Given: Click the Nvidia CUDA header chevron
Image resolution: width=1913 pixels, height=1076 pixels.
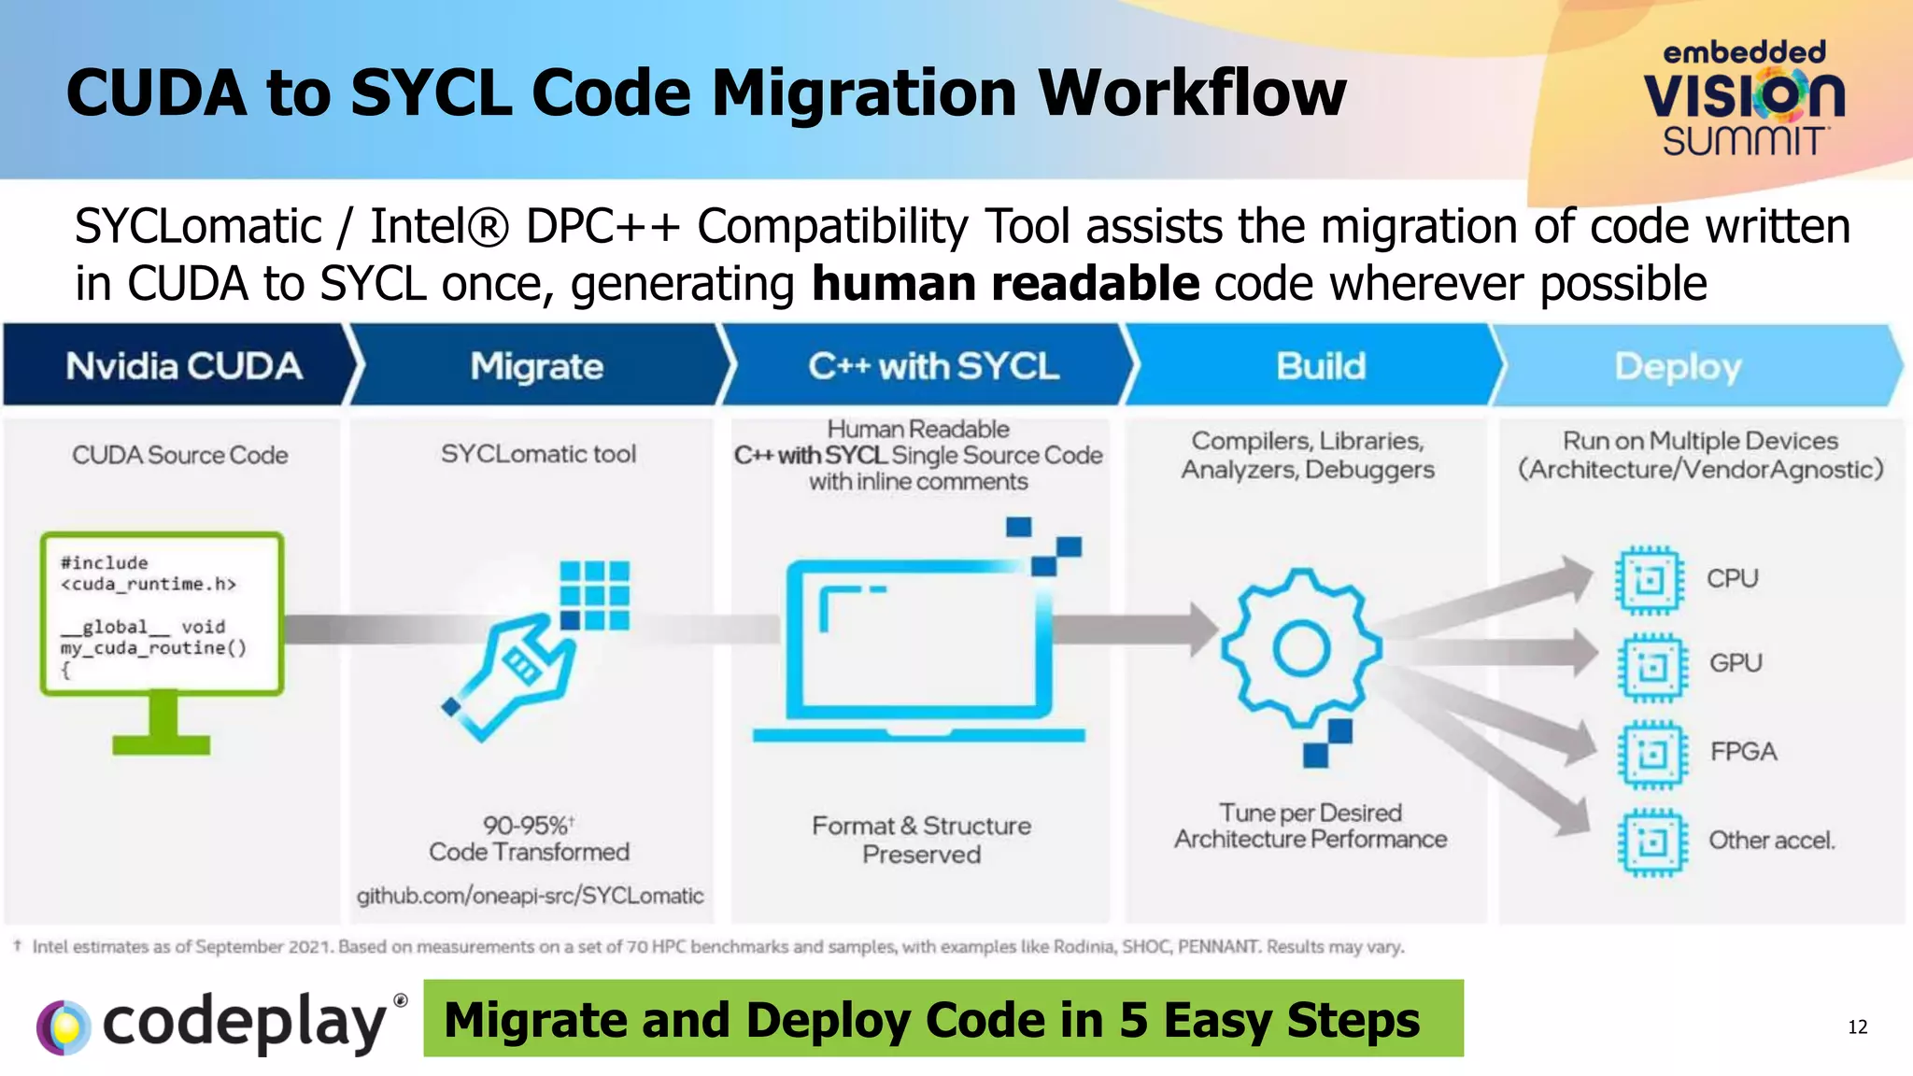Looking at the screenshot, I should (183, 366).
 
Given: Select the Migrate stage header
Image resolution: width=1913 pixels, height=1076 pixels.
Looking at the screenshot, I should (536, 366).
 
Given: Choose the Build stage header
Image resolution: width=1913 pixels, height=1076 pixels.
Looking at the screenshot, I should (1320, 366).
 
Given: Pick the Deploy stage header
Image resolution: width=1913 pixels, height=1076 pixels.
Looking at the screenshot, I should (1678, 366).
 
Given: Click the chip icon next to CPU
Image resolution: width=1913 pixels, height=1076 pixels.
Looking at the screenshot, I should (1650, 580).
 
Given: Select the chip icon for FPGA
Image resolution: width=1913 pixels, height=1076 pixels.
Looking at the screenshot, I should (1652, 753).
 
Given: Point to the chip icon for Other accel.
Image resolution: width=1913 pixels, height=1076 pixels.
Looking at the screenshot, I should (1652, 842).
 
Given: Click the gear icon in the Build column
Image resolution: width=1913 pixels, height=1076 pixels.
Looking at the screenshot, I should (1301, 648).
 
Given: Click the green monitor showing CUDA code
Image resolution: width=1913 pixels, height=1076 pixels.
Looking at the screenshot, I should (162, 635).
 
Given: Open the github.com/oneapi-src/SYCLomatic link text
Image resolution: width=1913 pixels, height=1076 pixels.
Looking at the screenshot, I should (530, 896).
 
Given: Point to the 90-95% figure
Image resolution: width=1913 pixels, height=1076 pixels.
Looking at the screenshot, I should (527, 826).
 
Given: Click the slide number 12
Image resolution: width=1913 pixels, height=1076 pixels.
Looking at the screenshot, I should (1857, 1027).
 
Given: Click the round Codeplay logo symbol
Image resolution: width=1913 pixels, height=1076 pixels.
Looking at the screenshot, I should (64, 1026).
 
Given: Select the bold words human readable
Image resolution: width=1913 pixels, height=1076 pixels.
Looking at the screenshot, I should (1005, 284).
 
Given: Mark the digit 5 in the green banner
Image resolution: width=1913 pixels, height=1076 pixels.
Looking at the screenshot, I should (1133, 1020).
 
